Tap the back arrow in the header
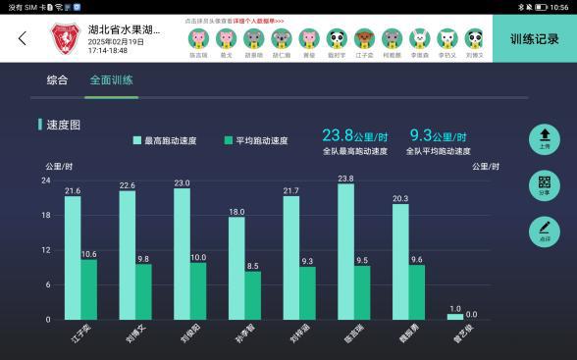click(x=22, y=39)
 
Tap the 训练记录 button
click(x=534, y=40)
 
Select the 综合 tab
click(x=57, y=79)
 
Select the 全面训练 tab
click(x=111, y=79)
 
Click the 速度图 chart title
click(x=63, y=126)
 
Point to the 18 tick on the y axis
click(x=46, y=215)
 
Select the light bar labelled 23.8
click(x=345, y=252)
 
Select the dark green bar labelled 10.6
click(x=88, y=289)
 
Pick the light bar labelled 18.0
click(x=236, y=268)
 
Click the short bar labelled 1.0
click(x=455, y=316)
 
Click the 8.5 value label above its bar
click(x=253, y=266)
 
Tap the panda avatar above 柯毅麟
click(x=392, y=39)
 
